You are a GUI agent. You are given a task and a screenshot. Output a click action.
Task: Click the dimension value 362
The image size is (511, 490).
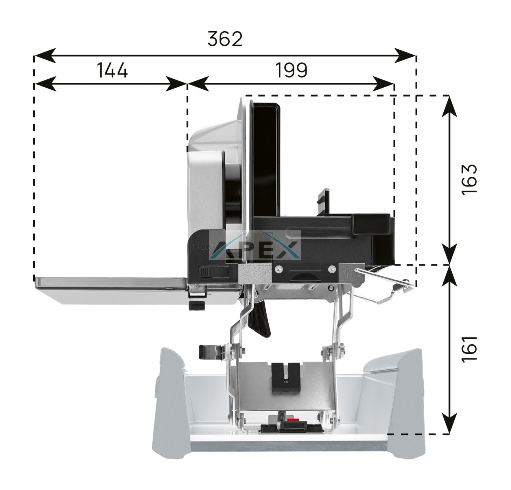[225, 39]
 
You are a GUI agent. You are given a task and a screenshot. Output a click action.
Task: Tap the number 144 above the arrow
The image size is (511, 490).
[112, 70]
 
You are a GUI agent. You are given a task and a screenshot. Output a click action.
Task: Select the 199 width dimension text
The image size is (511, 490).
[291, 70]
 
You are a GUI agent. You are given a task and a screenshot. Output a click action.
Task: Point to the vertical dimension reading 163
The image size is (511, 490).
[470, 179]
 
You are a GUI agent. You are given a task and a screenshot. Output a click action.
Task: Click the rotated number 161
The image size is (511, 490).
[470, 348]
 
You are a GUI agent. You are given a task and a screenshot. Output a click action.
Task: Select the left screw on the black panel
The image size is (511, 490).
[277, 269]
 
